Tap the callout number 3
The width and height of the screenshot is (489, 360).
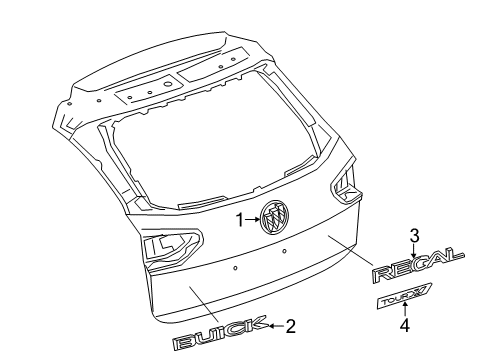[x=412, y=235]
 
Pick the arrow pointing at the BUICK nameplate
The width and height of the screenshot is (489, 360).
[x=274, y=324]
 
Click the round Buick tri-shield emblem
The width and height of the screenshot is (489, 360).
[x=274, y=243]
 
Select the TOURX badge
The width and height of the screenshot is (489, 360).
[x=404, y=295]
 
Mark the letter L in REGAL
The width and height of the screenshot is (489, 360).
[x=453, y=258]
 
